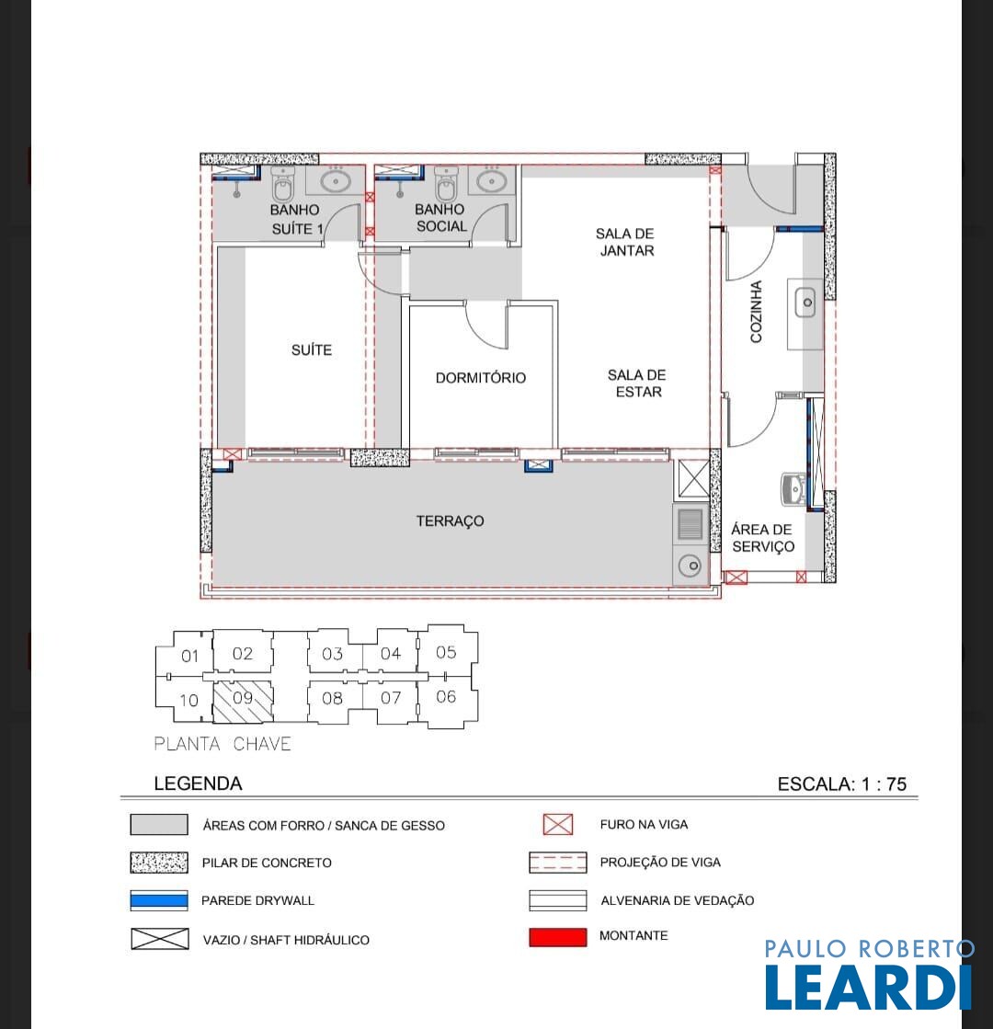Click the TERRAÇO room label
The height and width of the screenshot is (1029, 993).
point(451,521)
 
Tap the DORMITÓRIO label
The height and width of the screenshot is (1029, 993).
point(481,378)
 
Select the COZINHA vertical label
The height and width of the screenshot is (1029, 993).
point(756,312)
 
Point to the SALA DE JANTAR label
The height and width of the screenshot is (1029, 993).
point(625,242)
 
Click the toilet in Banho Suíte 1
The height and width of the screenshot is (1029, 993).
point(283,184)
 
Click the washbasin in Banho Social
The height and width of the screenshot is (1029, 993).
point(490,179)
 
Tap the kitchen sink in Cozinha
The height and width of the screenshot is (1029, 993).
point(805,303)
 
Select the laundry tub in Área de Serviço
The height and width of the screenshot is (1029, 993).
point(793,489)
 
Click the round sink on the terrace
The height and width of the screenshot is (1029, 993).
point(690,566)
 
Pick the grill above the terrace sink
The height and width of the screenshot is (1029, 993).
point(690,524)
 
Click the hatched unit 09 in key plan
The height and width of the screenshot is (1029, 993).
point(243,702)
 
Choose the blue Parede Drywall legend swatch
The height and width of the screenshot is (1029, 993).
point(159,900)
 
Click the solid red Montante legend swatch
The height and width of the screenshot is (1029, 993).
point(558,937)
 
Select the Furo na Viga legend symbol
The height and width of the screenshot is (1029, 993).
point(558,824)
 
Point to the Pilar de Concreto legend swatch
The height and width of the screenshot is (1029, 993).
point(159,863)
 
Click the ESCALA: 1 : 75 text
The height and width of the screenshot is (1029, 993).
point(842,784)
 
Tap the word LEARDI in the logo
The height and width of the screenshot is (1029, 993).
point(868,987)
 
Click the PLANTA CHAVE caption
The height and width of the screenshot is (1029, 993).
point(223,744)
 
